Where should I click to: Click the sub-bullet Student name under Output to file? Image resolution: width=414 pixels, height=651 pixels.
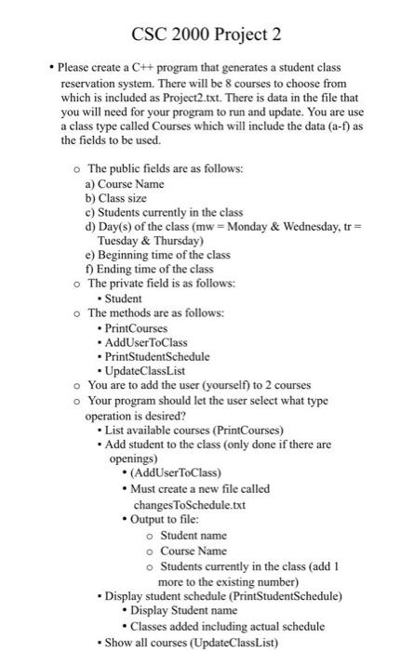point(194,536)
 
